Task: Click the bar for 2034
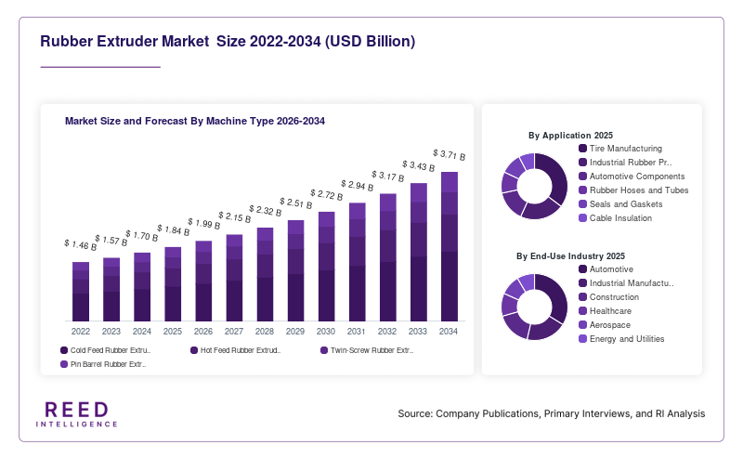coord(450,246)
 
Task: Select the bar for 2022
coord(81,292)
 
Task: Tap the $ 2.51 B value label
coord(295,203)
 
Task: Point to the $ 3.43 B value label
coord(419,165)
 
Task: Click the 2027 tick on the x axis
coord(234,332)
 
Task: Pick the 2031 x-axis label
coord(357,332)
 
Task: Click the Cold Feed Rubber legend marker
coord(64,350)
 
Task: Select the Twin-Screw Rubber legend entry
coord(367,350)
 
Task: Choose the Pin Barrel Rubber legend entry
coord(103,364)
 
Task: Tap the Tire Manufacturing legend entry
coord(620,149)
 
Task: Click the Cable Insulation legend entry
coord(615,218)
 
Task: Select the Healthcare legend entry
coord(606,311)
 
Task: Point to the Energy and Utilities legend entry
coord(621,339)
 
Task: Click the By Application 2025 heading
coord(570,135)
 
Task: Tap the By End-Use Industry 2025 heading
coord(570,256)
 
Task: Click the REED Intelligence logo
coord(77,414)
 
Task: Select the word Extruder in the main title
coord(127,41)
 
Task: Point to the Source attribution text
coord(552,413)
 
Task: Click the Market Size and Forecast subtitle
coord(195,121)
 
